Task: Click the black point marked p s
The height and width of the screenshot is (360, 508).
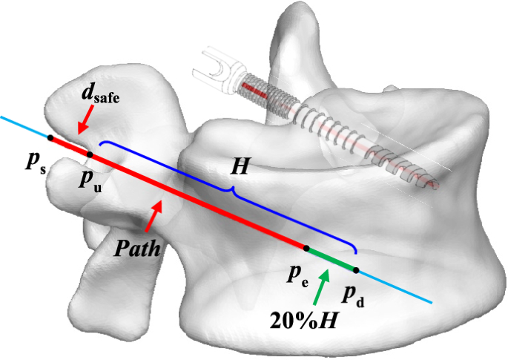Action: [x=50, y=137]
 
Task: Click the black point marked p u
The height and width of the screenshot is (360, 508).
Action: [x=90, y=154]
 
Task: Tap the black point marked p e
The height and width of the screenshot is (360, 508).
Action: [x=306, y=248]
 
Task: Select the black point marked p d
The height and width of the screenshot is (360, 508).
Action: [x=356, y=269]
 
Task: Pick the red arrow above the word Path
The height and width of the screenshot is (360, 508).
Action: [x=153, y=215]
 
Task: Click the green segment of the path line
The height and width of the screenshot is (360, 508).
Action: [x=331, y=259]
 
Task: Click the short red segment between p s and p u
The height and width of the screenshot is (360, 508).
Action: [x=70, y=146]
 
